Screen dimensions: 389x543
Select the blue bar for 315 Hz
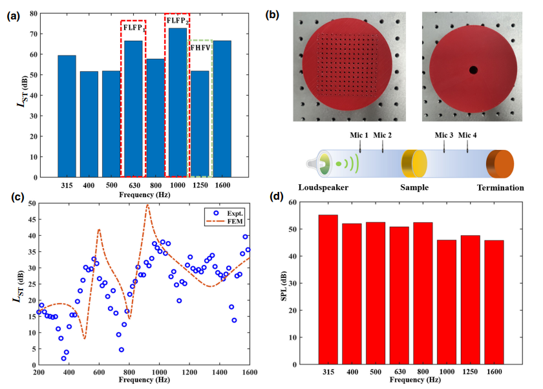click(x=67, y=116)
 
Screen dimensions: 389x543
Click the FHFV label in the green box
click(x=201, y=47)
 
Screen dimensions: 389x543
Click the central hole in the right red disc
click(x=473, y=69)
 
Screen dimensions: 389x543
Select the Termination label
click(x=500, y=188)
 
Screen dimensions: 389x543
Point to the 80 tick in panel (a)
click(x=32, y=14)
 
